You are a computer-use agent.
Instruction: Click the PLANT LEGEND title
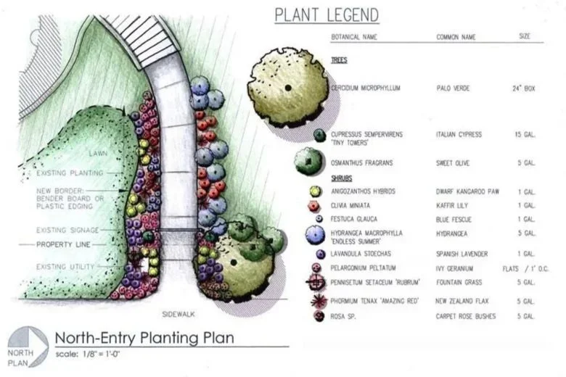point(327,15)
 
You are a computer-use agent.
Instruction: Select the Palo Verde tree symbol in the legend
point(287,87)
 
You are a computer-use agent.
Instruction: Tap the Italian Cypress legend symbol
point(319,135)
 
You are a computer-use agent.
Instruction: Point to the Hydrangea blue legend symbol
point(315,233)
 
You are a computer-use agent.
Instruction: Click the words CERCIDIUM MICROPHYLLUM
point(366,88)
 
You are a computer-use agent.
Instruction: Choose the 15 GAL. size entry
point(524,135)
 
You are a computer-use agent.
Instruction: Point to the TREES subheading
point(338,61)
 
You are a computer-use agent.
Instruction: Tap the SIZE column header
point(524,36)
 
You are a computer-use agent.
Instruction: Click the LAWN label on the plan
point(99,154)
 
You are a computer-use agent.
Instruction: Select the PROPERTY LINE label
point(64,244)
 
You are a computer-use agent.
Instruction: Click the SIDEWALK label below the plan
point(177,315)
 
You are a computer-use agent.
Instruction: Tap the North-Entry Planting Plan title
point(144,338)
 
